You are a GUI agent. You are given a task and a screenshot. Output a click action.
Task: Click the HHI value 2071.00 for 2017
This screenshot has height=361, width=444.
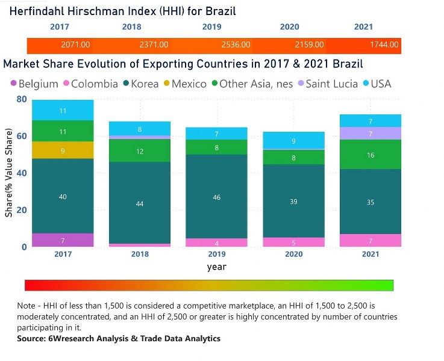click(x=75, y=45)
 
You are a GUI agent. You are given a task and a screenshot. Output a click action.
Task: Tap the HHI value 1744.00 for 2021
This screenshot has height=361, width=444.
click(x=383, y=45)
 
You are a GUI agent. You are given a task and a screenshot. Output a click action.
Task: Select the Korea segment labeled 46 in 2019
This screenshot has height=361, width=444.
click(x=216, y=197)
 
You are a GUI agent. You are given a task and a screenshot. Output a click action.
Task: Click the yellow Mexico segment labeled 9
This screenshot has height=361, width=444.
click(x=63, y=150)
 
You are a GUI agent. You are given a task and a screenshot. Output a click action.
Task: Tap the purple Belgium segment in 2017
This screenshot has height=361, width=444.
click(x=63, y=240)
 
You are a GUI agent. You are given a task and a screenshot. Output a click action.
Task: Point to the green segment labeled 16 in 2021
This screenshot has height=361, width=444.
click(x=371, y=155)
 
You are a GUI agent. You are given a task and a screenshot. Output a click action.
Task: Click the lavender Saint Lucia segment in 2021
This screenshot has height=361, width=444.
click(x=371, y=133)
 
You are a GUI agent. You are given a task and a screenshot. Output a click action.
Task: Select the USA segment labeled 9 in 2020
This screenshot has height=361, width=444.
click(x=293, y=141)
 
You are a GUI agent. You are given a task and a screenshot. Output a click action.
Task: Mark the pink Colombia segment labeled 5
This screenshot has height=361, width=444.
click(x=293, y=242)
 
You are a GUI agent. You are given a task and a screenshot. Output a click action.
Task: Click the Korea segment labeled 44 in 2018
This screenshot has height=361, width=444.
click(x=140, y=203)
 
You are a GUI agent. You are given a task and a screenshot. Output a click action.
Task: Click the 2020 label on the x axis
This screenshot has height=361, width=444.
click(x=293, y=255)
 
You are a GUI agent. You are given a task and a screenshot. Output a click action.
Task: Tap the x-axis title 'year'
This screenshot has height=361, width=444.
click(x=217, y=267)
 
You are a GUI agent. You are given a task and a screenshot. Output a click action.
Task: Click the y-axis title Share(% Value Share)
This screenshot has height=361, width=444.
click(x=9, y=175)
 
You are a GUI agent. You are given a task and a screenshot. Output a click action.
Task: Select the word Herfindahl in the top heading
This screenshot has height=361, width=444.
click(x=39, y=11)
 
